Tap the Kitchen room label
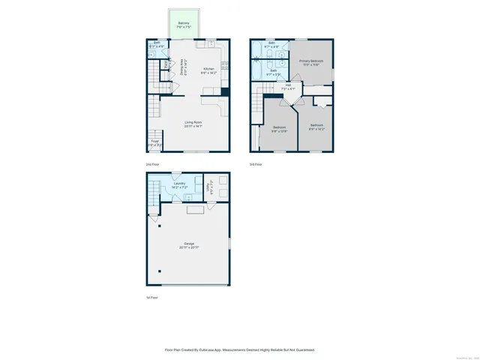coord(209,70)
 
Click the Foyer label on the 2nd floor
coord(154,142)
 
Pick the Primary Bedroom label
coord(310,62)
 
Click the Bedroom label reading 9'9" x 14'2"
coord(316,127)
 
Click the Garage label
coord(188,245)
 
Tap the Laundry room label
coord(178,184)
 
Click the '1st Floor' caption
coord(151,298)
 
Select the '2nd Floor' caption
coord(152,163)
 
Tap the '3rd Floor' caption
coord(256,163)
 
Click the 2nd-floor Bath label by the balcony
coord(157,44)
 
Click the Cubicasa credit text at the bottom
coord(240,349)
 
